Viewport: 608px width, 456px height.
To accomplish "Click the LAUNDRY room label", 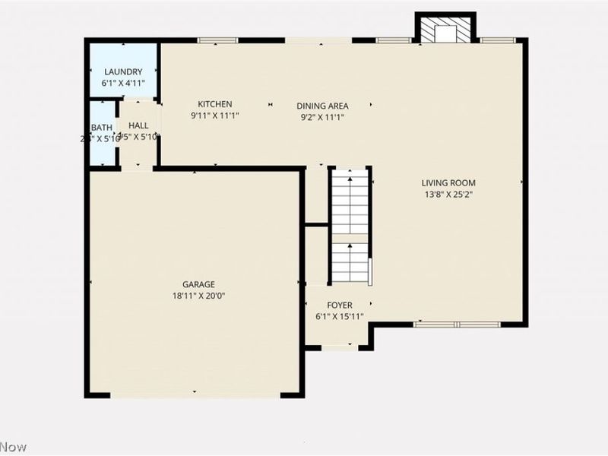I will [x=123, y=71].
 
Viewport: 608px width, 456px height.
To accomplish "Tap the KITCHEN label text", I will [x=215, y=104].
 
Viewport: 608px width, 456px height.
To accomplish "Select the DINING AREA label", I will [x=322, y=106].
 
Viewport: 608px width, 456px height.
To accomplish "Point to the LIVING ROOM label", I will [x=448, y=182].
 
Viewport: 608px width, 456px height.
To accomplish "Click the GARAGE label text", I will [x=198, y=284].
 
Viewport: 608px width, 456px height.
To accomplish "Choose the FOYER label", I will [x=339, y=306].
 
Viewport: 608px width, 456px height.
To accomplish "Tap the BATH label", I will [x=102, y=128].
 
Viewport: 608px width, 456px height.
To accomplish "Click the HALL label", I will [x=138, y=125].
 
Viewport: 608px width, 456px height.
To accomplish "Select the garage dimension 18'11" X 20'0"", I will [x=198, y=296].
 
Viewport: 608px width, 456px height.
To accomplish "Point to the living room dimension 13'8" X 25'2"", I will [x=448, y=194].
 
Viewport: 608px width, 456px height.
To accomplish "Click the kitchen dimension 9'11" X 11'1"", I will [x=215, y=116].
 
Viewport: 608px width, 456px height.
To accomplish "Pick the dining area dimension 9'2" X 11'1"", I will [x=322, y=117].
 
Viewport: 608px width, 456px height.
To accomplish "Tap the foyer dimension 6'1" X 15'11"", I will [x=339, y=317].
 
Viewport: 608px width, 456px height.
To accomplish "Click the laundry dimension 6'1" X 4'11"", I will [x=123, y=83].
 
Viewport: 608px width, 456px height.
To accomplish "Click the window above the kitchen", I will [x=217, y=40].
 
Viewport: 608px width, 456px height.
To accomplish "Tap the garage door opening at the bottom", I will [x=195, y=394].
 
